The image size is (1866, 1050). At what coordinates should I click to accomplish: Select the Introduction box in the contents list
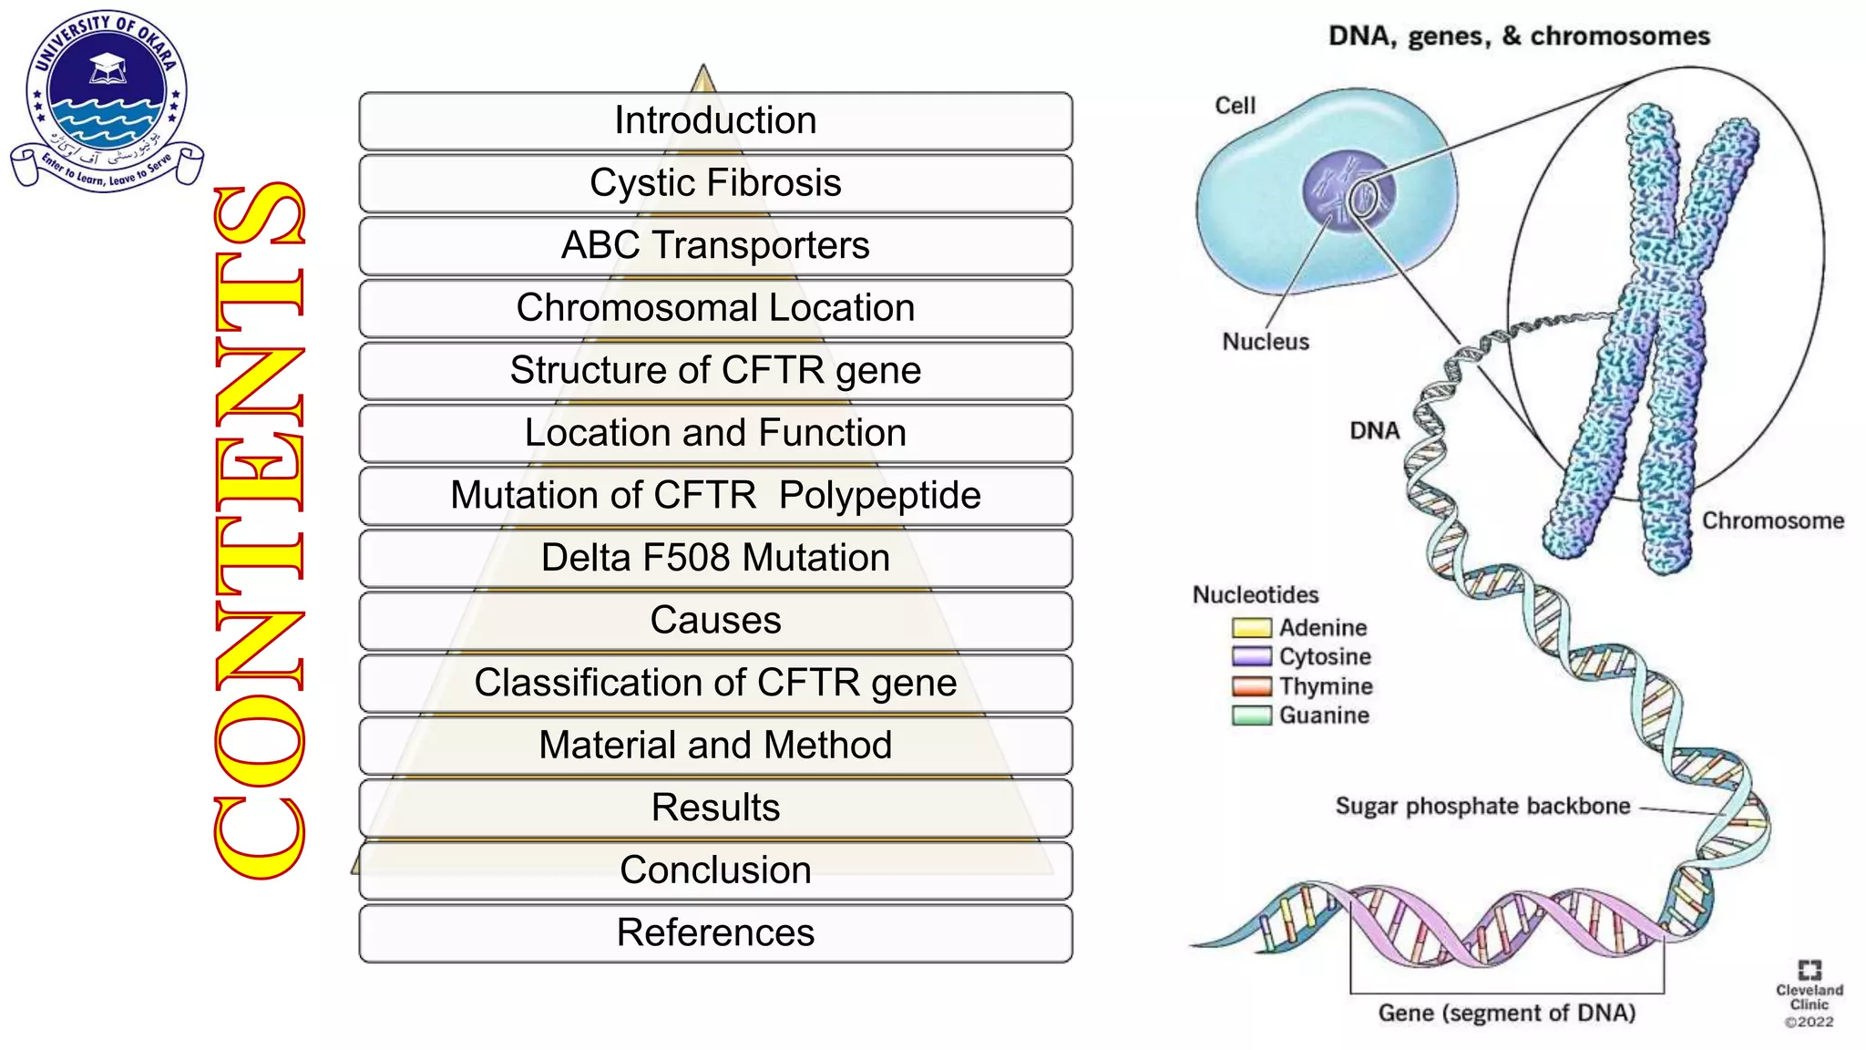coord(715,120)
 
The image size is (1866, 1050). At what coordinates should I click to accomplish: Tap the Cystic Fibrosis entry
coord(715,183)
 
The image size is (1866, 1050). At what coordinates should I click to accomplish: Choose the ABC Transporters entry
coord(715,245)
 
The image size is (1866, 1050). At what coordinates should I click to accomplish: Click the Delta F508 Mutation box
coord(715,558)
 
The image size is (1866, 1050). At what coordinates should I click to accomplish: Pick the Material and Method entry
coord(715,746)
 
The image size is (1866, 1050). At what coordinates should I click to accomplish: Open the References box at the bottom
coord(715,932)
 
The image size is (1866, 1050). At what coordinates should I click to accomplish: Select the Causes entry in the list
coord(715,621)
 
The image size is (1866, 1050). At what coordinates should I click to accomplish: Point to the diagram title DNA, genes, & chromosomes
coord(1519,36)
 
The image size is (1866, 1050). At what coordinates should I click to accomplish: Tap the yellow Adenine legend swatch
coord(1251,628)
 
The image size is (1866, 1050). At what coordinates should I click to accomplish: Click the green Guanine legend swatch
coord(1251,715)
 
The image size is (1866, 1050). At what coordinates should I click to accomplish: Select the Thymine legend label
coord(1325,686)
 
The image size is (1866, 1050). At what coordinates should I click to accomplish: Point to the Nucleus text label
coord(1265,342)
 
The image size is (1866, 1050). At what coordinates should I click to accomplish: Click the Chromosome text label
coord(1772,520)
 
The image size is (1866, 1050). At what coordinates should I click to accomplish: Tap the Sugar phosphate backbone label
coord(1482,807)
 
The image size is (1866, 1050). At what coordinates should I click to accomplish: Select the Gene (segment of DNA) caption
coord(1506,1013)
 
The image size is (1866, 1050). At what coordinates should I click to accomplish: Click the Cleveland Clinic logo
coord(1809,993)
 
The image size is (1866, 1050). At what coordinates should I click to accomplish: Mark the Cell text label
coord(1235,106)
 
